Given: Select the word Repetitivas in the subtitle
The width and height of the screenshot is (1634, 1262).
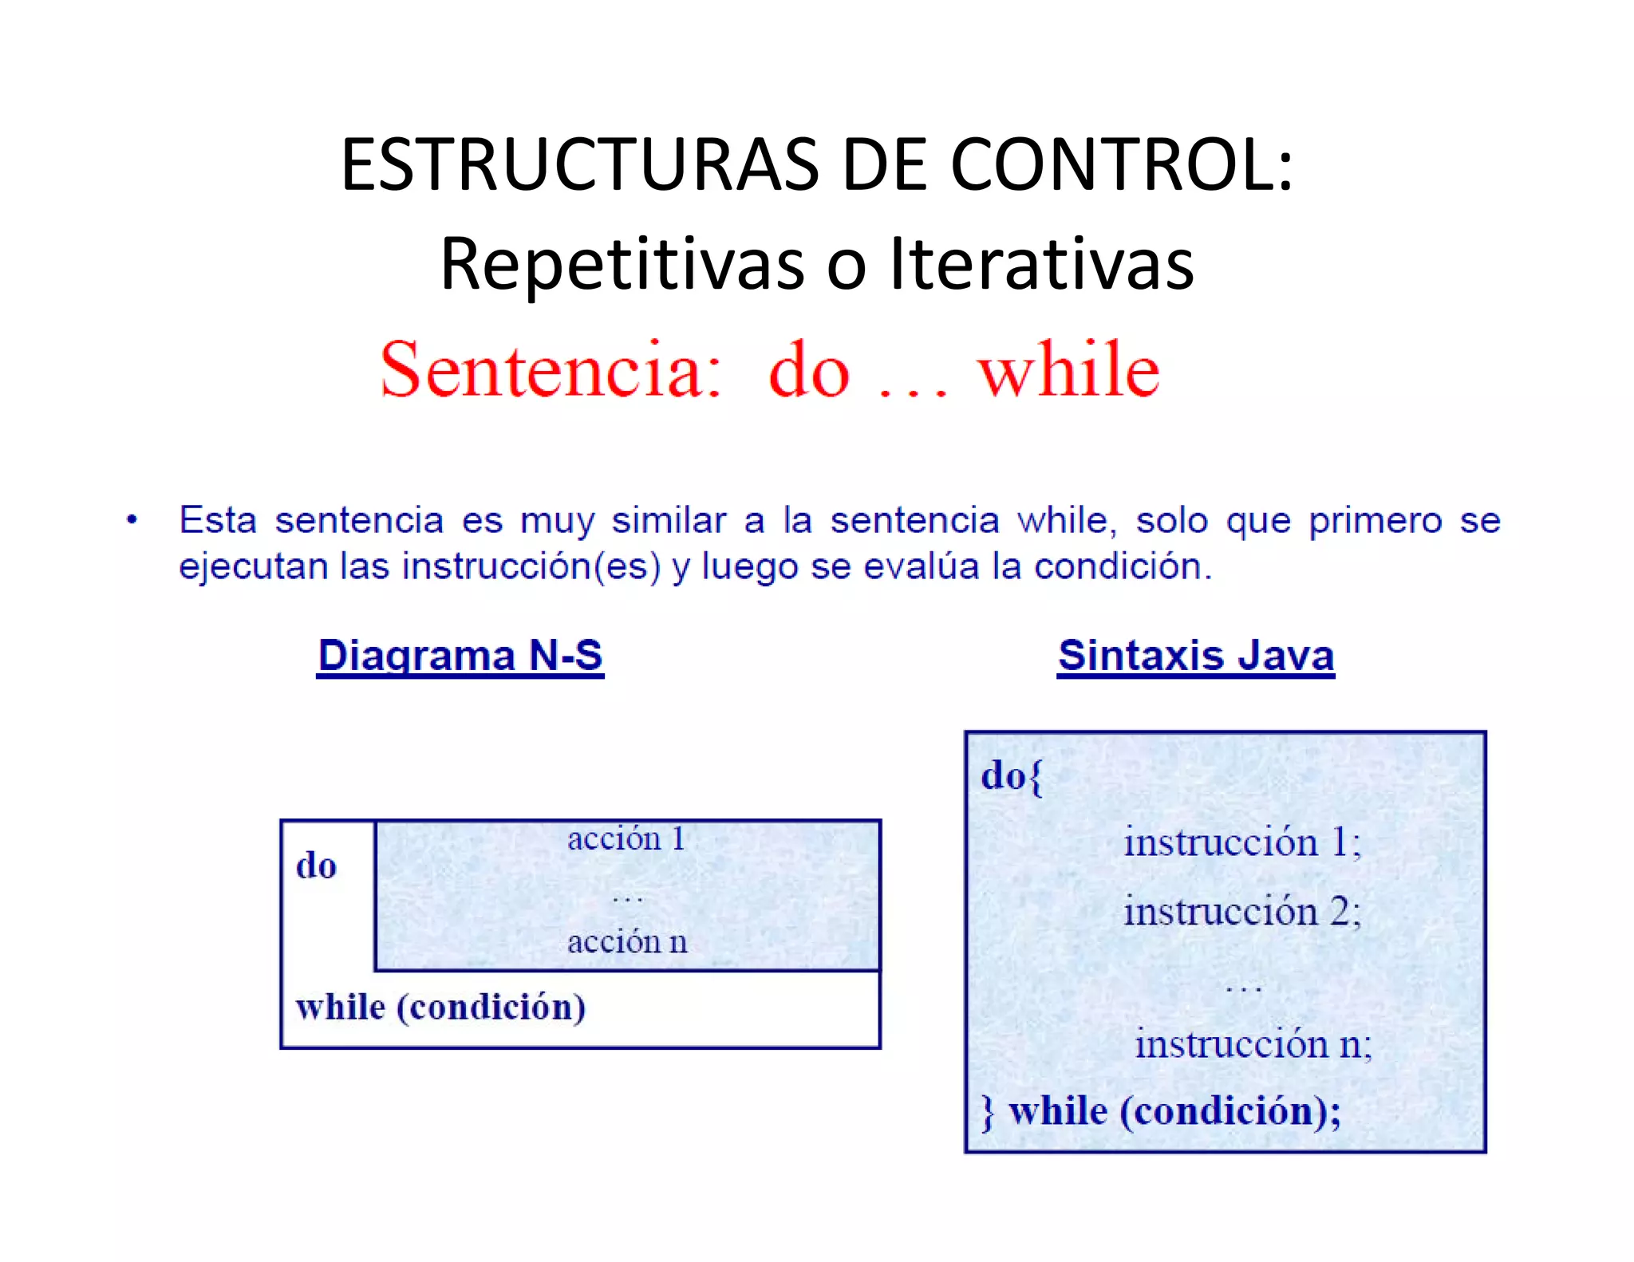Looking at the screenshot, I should click(x=622, y=264).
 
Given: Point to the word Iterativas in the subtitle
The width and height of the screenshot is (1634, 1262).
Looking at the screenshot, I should click(x=1042, y=264).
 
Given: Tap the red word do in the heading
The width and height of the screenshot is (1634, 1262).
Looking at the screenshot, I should click(x=809, y=371).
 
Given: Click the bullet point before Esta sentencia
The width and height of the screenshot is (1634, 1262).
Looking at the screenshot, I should click(x=132, y=521).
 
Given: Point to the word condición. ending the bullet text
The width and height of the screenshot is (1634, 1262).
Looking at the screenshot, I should click(x=1123, y=566).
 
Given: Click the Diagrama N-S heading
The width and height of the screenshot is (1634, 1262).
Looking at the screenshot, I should click(x=460, y=656).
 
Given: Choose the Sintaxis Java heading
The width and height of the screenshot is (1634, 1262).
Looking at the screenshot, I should click(x=1195, y=656).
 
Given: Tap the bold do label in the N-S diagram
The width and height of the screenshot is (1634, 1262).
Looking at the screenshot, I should click(x=316, y=866).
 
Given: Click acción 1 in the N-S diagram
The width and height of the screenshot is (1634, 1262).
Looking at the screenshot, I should click(x=626, y=838).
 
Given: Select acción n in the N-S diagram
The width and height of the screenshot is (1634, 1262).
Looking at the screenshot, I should click(x=627, y=942).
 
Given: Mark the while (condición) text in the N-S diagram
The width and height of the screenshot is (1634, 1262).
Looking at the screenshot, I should click(x=440, y=1007).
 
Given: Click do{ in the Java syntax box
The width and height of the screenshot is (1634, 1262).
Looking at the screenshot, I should click(x=1011, y=775).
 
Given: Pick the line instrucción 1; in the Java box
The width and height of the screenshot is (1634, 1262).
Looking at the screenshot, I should click(x=1241, y=842).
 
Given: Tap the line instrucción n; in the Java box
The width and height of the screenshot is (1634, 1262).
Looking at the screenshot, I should click(x=1253, y=1043).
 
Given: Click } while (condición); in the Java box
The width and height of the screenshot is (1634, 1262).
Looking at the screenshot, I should click(x=1161, y=1111).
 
